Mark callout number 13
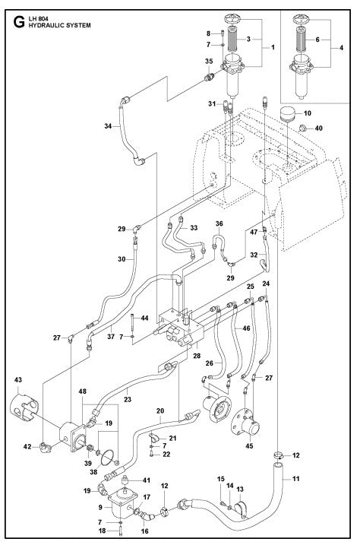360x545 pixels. click(x=242, y=488)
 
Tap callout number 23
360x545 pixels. click(x=127, y=398)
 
